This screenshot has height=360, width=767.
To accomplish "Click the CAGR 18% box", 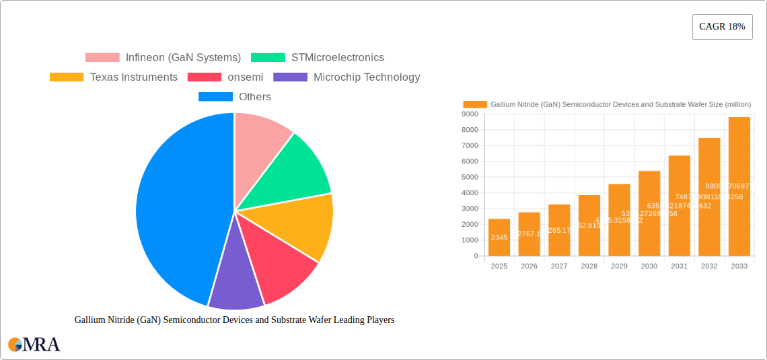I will click(x=722, y=27).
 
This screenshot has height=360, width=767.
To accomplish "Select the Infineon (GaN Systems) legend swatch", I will click(x=102, y=58).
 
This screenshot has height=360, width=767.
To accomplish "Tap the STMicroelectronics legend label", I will click(x=337, y=58).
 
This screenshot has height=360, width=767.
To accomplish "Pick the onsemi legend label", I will click(x=245, y=77).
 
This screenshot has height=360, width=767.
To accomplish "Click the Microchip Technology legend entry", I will click(x=366, y=77).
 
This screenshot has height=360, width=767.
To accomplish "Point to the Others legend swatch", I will click(x=215, y=97).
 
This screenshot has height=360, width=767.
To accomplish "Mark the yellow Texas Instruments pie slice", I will click(x=303, y=225).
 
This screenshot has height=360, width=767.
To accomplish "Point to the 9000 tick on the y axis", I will click(x=470, y=114).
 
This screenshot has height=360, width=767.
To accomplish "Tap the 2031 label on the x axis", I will click(x=679, y=266).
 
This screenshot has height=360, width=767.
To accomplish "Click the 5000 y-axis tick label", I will click(x=470, y=177).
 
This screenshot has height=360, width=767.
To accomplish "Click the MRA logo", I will click(x=34, y=345).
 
